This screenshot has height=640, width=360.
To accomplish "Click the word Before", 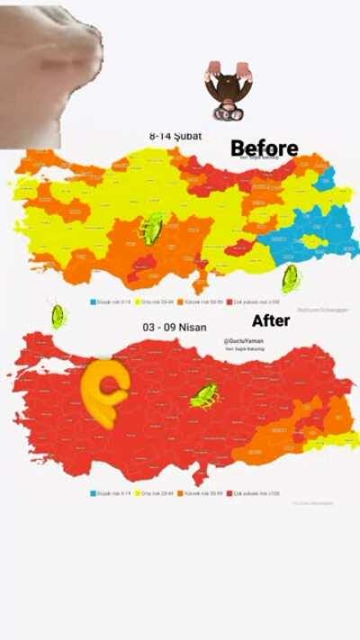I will [x=264, y=148].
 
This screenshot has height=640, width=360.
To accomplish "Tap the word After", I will [x=270, y=320].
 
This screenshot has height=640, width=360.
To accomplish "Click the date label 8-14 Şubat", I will [x=175, y=136].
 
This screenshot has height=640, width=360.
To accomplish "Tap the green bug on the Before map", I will [x=151, y=229].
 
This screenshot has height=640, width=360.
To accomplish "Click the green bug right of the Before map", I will [x=290, y=278].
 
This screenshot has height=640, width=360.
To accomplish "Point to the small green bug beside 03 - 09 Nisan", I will [x=58, y=316].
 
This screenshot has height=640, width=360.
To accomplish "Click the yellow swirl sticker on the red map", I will [x=104, y=392].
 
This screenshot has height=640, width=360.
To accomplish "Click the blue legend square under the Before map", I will [x=92, y=302].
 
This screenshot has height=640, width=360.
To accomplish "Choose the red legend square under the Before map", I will [x=229, y=302].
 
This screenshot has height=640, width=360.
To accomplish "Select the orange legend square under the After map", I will [x=180, y=493].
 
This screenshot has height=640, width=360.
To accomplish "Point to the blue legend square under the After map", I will [x=92, y=493].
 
